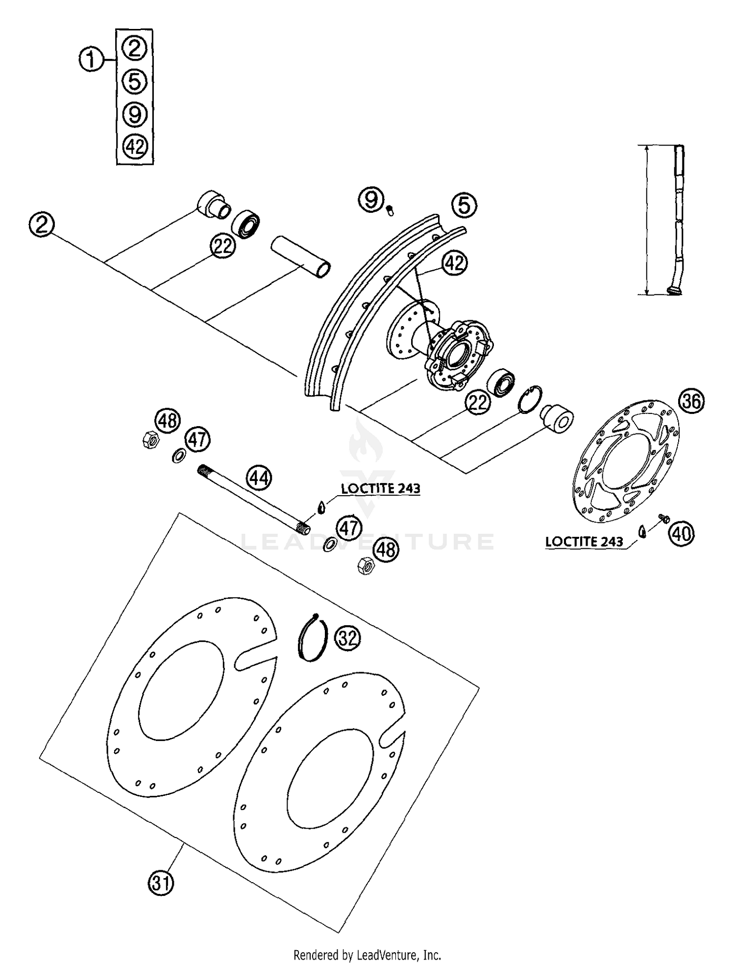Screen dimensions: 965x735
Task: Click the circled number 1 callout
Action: [91, 60]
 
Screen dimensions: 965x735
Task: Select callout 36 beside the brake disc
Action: [691, 401]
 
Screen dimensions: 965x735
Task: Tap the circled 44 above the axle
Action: [259, 477]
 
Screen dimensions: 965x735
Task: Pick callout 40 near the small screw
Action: [682, 533]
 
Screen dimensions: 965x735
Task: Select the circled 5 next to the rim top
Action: [464, 205]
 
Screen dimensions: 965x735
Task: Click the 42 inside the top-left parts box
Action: [135, 147]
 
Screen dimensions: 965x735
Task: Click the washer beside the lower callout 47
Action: [330, 544]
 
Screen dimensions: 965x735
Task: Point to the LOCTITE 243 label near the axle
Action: [381, 488]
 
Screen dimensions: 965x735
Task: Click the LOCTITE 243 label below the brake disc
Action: [584, 541]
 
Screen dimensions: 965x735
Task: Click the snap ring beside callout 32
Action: [312, 637]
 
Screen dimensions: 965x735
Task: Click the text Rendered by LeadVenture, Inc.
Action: [367, 955]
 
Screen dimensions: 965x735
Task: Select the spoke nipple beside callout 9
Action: [391, 211]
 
